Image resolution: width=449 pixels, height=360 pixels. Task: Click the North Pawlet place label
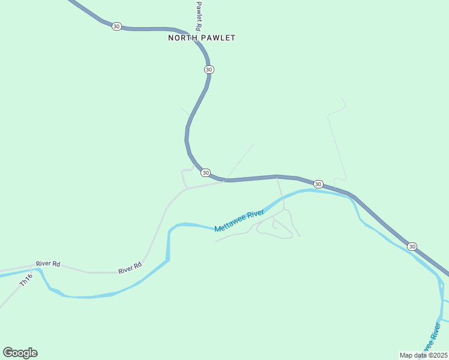coord(201,38)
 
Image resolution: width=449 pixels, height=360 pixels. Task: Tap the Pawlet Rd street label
coord(198,15)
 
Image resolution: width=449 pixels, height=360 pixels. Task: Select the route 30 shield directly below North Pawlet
coord(208,70)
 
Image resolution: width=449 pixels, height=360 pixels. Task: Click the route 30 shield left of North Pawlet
coord(116,26)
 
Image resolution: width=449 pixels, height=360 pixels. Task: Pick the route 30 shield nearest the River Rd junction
coord(206,173)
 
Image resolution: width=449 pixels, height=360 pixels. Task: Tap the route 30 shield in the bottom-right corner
coord(412,247)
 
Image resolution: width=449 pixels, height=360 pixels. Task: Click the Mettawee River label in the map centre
coord(240,221)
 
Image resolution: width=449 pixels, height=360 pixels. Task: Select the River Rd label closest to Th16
coord(48,263)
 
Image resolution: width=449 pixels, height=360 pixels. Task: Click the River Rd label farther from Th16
coord(130,268)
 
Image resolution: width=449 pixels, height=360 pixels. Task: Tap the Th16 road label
coord(25,280)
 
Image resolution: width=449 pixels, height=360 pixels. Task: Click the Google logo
coord(20,353)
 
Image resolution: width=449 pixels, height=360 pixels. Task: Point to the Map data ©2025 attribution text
coord(423,355)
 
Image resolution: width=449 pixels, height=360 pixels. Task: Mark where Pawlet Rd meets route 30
coord(200,43)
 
